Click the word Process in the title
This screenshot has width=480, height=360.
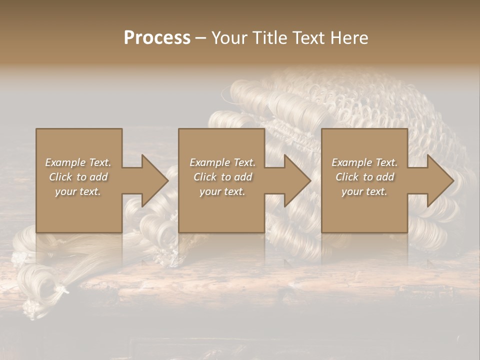(157, 38)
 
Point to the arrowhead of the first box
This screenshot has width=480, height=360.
(153, 180)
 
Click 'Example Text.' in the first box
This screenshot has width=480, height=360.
(78, 162)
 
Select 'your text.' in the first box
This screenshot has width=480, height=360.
(78, 191)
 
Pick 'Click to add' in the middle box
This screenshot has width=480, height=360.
(222, 177)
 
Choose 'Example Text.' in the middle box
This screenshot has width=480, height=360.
(222, 162)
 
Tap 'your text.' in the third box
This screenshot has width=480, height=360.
(364, 191)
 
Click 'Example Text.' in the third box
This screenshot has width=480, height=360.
(364, 162)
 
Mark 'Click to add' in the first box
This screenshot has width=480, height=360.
(78, 177)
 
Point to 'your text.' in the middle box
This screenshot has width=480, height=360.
(222, 191)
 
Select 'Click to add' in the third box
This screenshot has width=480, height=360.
(364, 177)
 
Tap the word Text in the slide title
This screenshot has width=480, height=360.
(307, 38)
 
